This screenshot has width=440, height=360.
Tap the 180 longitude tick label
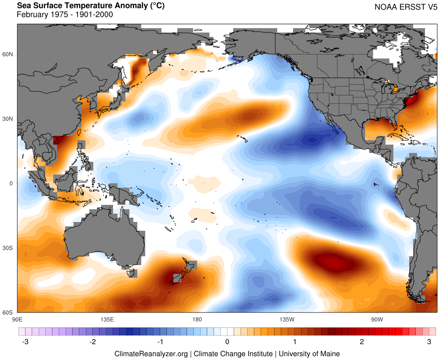(197, 319)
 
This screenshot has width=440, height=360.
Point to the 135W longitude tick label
(286, 319)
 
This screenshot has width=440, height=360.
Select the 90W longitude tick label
(377, 319)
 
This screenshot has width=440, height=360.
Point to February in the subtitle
(32, 15)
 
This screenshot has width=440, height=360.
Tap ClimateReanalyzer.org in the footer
(151, 353)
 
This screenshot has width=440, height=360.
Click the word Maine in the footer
(330, 353)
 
